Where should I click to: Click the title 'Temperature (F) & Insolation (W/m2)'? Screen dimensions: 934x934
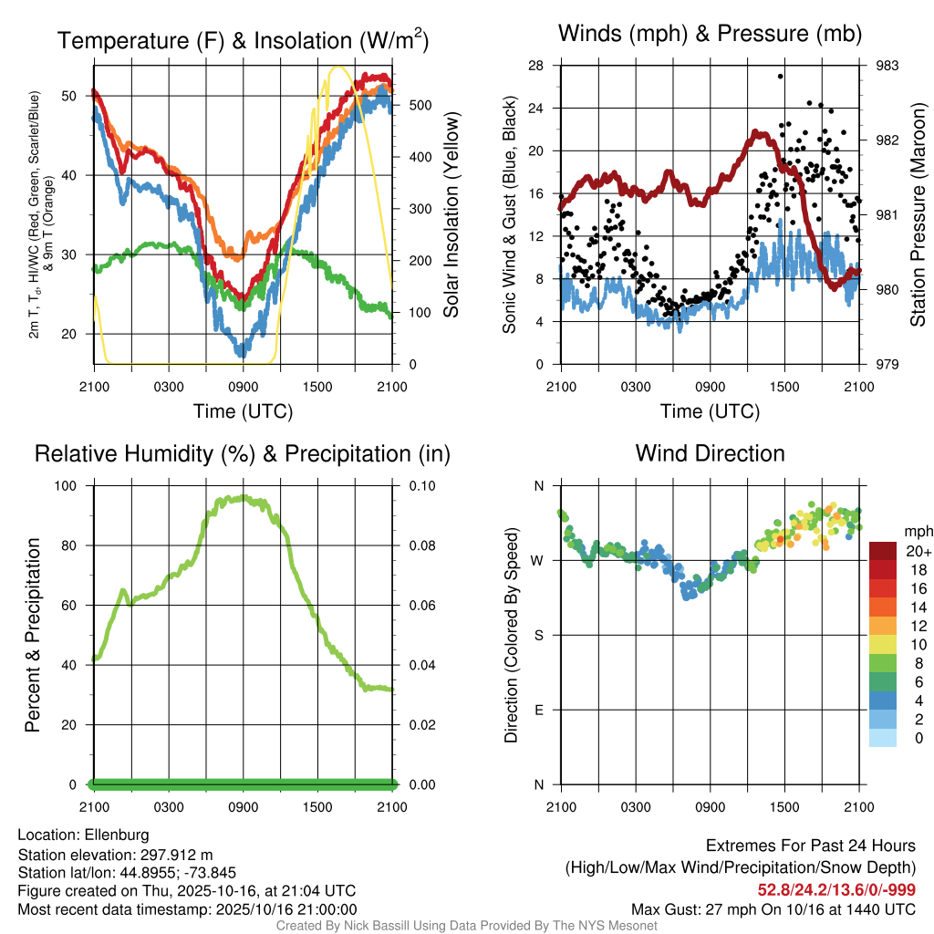pos(243,40)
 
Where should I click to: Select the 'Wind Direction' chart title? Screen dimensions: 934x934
pos(710,453)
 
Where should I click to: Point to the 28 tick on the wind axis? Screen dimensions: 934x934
pos(536,66)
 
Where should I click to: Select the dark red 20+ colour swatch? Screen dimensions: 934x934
pos(884,551)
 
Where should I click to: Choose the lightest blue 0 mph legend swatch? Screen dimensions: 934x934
pos(884,737)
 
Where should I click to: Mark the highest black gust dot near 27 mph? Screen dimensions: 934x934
pos(780,77)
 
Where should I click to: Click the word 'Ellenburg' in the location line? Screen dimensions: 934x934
pos(117,835)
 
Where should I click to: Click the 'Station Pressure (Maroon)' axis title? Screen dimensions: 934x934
pos(918,215)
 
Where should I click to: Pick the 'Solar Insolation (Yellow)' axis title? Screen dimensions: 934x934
pos(451,215)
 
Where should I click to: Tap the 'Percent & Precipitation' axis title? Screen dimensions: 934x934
pos(32,635)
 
